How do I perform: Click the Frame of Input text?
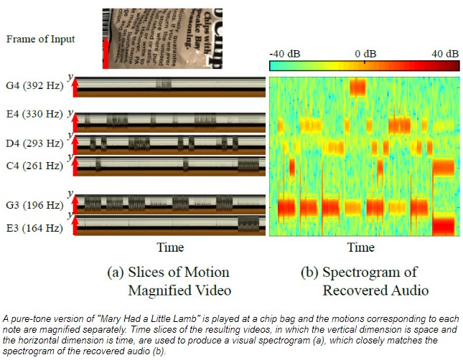click(40, 39)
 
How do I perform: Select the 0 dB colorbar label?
click(365, 54)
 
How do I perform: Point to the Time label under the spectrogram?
click(360, 247)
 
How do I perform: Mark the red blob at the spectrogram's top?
click(357, 87)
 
